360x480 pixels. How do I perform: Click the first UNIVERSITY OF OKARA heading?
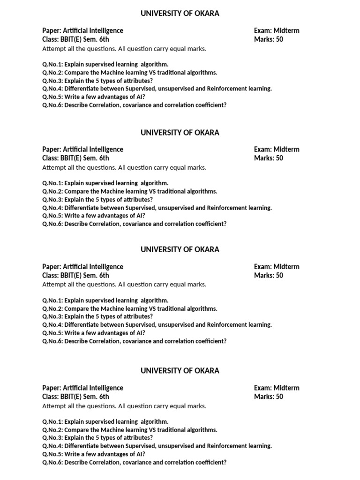(x=180, y=14)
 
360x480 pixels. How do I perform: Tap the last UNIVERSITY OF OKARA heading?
(x=180, y=371)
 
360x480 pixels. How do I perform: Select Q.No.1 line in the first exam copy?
(x=105, y=64)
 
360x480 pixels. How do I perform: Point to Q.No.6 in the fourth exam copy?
(x=134, y=462)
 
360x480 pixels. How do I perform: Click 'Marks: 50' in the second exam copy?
(x=269, y=158)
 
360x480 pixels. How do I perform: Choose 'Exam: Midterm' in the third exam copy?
(x=277, y=267)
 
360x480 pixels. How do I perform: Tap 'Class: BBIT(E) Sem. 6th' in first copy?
(x=75, y=39)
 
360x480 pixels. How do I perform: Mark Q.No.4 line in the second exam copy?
(x=157, y=208)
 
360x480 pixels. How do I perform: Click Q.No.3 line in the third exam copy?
(x=97, y=316)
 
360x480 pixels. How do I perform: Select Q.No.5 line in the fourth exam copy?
(x=93, y=454)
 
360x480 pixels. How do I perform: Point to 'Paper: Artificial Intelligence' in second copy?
(x=82, y=150)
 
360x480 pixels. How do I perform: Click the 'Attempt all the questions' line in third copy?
(x=124, y=285)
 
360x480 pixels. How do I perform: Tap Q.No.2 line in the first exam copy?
(x=129, y=73)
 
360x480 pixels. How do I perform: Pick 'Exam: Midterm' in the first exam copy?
(x=277, y=30)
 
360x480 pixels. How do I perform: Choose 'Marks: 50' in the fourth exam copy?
(x=269, y=397)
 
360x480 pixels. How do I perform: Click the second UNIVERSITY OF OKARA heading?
(x=180, y=133)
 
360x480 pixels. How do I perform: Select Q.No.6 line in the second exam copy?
(x=134, y=224)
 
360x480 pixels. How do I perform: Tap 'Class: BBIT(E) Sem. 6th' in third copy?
(x=75, y=276)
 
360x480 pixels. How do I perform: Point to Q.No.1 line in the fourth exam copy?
(x=105, y=421)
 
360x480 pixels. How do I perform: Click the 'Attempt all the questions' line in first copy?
(x=124, y=48)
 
